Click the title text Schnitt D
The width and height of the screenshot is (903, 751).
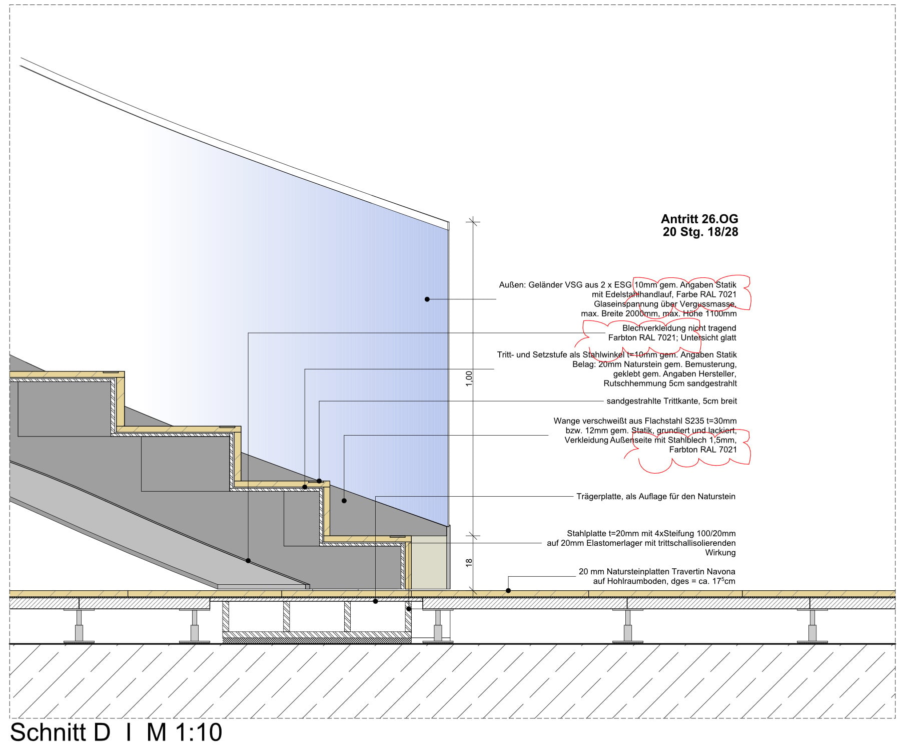(60, 732)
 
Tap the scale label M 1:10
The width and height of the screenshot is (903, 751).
(184, 732)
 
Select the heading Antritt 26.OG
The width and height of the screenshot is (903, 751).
(699, 219)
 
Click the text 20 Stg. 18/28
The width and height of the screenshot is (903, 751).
(700, 232)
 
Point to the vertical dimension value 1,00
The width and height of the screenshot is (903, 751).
(469, 379)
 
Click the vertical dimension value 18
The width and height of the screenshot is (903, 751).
(469, 563)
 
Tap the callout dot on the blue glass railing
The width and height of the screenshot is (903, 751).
(427, 299)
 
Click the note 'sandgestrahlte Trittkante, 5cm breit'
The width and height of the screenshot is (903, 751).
(671, 401)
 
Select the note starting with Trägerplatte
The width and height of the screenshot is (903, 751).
(656, 497)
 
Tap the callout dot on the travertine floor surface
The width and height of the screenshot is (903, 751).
(508, 591)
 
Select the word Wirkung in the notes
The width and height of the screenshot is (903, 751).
(720, 553)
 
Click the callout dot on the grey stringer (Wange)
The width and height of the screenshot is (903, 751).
(344, 501)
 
